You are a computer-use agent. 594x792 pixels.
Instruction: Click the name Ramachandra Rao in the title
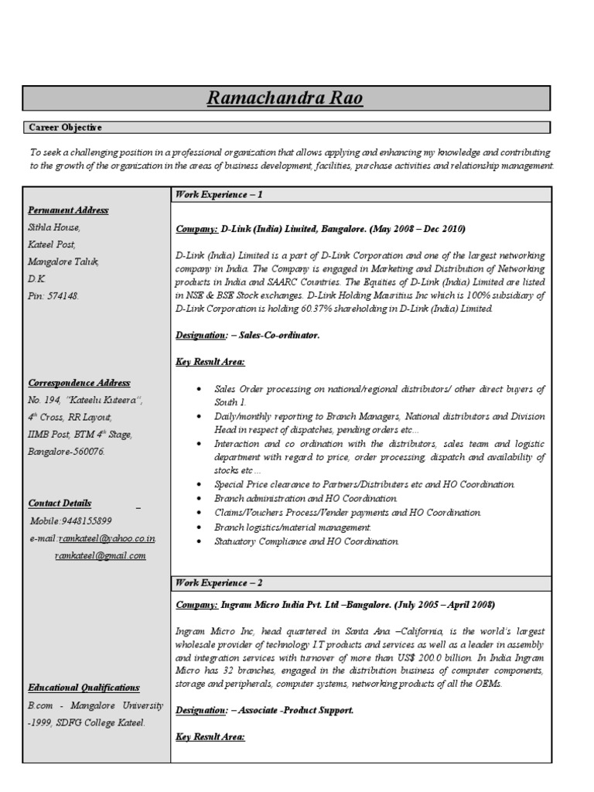click(285, 98)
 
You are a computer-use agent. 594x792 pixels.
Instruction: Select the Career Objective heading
click(66, 128)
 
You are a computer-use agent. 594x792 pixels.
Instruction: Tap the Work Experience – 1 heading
click(220, 195)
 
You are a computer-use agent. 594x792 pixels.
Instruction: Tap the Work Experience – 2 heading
click(220, 582)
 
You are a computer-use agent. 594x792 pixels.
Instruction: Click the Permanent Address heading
click(68, 210)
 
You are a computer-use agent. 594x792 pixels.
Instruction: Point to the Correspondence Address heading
click(79, 383)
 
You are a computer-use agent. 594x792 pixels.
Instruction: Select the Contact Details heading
click(60, 504)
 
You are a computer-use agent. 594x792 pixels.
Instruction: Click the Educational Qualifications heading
click(84, 688)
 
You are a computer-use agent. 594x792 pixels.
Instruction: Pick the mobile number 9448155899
click(82, 521)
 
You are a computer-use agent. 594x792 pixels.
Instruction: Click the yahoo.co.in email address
click(108, 538)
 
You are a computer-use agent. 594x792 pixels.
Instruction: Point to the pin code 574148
click(64, 296)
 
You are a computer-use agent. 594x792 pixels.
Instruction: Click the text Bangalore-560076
click(67, 452)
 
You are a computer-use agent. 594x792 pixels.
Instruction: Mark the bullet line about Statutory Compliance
click(306, 541)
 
